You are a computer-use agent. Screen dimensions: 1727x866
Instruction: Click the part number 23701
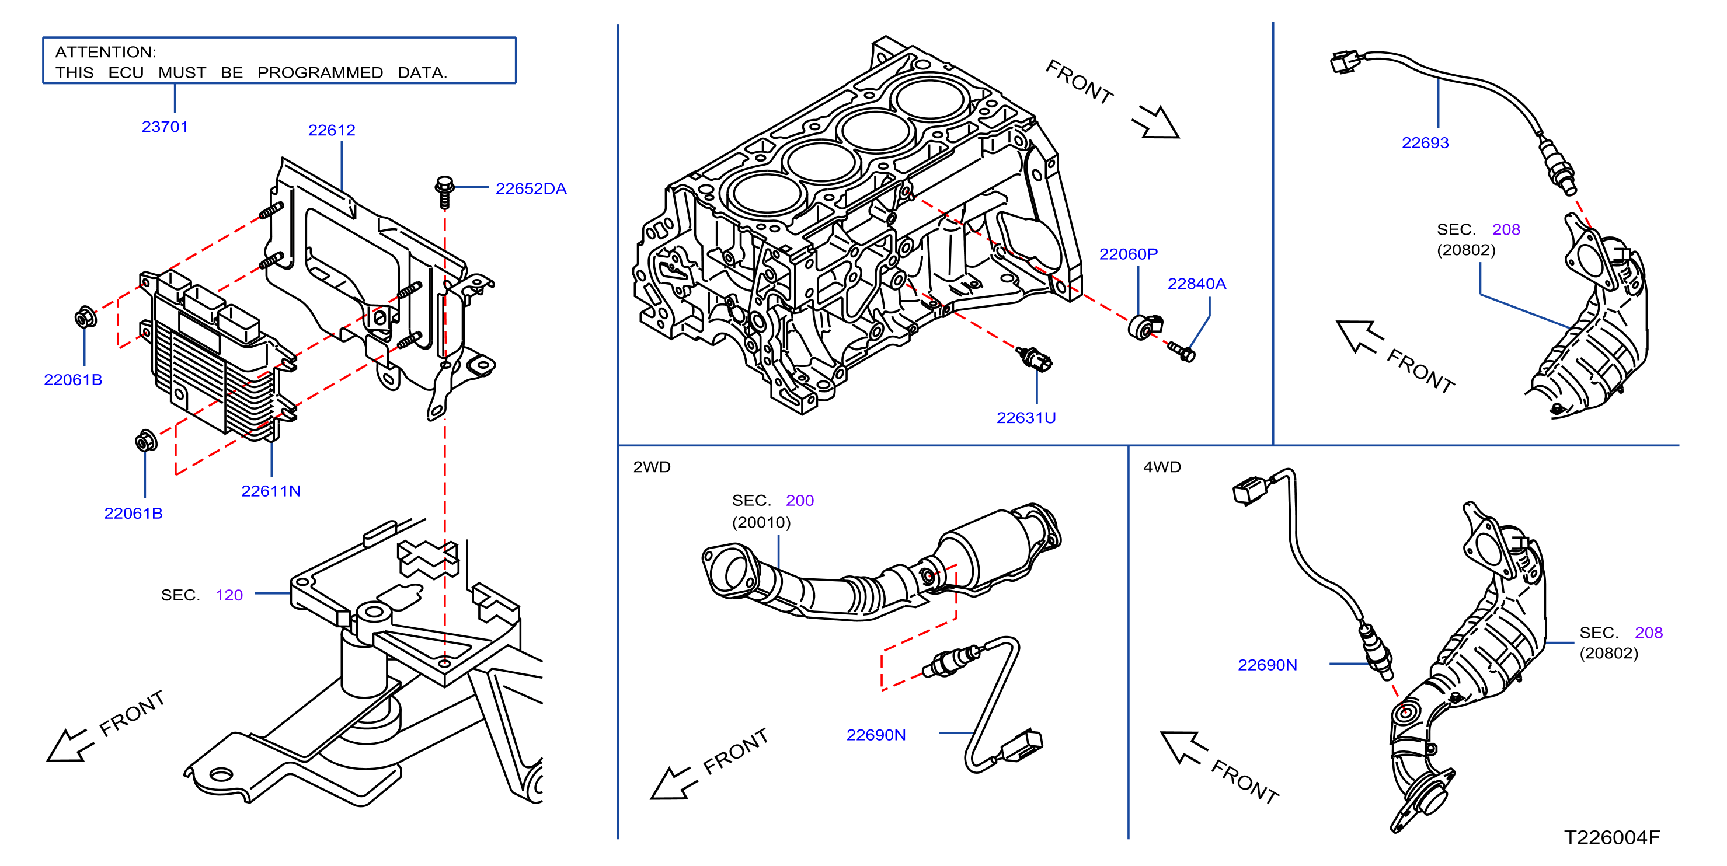click(165, 127)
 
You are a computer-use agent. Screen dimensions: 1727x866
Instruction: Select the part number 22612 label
click(331, 130)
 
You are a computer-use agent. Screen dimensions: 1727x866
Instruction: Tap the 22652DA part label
click(531, 188)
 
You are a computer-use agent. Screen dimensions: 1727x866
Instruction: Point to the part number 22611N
click(271, 491)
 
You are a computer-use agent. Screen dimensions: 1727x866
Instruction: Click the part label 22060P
click(1129, 254)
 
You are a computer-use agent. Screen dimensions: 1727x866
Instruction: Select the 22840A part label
click(1197, 284)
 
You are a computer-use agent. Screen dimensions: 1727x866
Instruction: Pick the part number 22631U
click(1026, 418)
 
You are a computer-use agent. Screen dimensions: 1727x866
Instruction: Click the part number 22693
click(1425, 143)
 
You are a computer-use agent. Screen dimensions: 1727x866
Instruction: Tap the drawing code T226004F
click(1613, 837)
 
